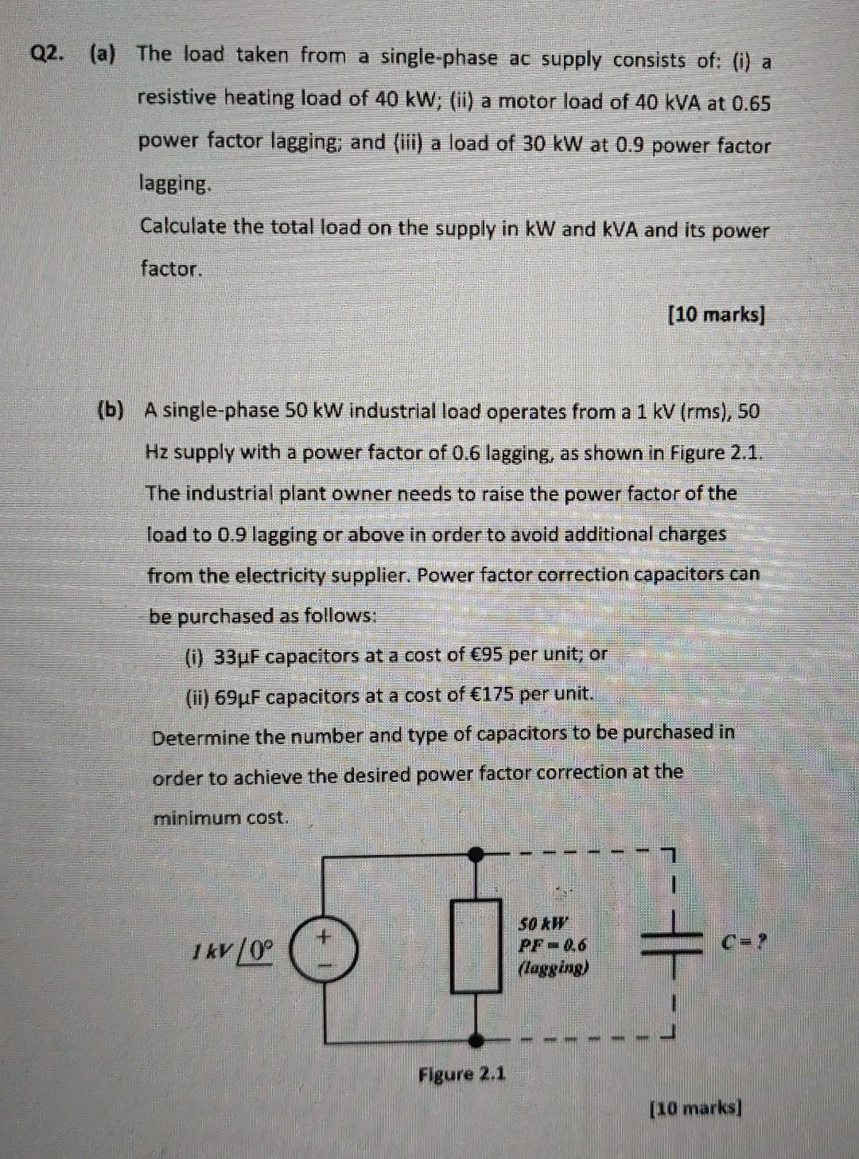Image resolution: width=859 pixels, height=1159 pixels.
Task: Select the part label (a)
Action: [103, 54]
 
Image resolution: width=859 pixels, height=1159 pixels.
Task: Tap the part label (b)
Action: [111, 410]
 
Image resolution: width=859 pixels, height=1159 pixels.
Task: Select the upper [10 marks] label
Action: [716, 314]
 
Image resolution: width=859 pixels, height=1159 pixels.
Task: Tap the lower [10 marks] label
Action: [696, 1107]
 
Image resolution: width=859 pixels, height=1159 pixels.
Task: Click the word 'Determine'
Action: [200, 737]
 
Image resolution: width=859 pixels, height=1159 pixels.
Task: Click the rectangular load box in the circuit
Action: [476, 946]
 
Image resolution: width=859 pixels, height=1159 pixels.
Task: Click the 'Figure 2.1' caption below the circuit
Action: [461, 1074]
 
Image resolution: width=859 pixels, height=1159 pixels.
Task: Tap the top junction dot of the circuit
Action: [476, 855]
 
